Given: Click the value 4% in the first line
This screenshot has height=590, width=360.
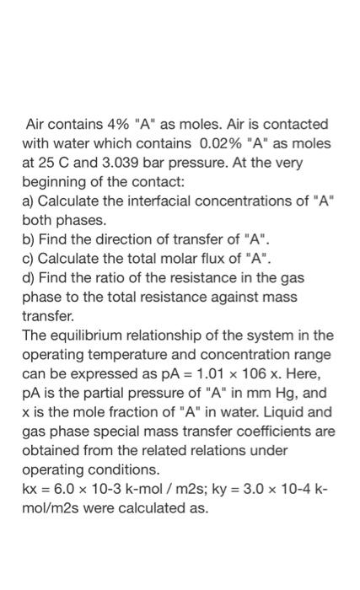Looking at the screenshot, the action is coord(115,124).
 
